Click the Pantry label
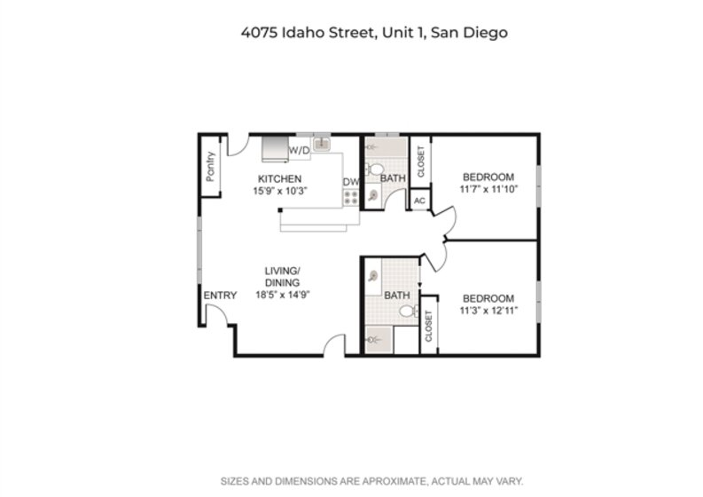(x=210, y=167)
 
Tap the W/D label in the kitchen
(x=299, y=150)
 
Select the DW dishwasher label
(x=351, y=182)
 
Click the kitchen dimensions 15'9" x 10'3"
(x=280, y=191)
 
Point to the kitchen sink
(x=322, y=144)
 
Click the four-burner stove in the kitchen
(x=350, y=198)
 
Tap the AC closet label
(x=419, y=201)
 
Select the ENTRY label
(x=220, y=296)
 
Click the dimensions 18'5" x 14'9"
(x=283, y=295)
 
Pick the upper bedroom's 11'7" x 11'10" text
(x=488, y=189)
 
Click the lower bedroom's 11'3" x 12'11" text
(x=488, y=311)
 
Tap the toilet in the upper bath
(x=374, y=170)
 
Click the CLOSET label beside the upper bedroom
(x=420, y=162)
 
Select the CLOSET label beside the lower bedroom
(x=428, y=326)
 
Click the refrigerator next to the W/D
(x=275, y=148)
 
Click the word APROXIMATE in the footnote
(x=394, y=482)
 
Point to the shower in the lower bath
(x=379, y=340)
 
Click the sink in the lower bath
(x=372, y=276)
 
